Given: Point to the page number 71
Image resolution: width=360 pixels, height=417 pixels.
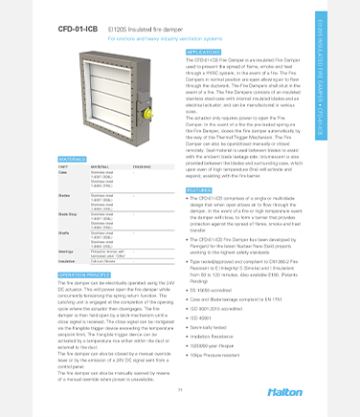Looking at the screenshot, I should (179, 391).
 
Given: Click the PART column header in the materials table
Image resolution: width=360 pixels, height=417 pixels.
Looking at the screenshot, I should (65, 165).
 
